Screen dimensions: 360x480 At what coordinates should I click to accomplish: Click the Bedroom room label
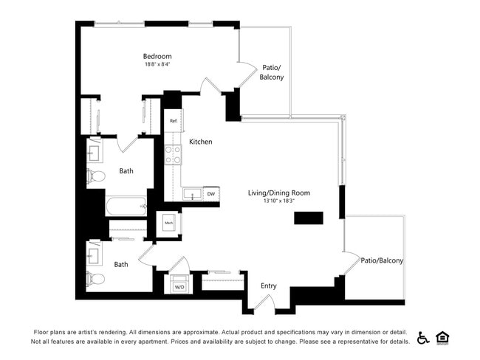[157, 56]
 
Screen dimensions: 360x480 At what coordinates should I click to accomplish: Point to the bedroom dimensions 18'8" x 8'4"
[157, 64]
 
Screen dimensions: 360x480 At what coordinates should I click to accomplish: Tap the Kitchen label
[201, 142]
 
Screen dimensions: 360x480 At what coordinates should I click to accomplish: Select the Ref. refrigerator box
[174, 120]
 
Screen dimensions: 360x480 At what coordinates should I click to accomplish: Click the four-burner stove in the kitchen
[173, 154]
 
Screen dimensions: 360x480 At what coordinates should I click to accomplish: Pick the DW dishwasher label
[210, 194]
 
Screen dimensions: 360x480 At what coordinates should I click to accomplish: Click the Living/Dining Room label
[278, 193]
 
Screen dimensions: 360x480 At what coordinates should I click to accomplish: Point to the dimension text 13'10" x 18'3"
[278, 201]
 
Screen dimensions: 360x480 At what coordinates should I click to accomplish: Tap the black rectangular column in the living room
[309, 218]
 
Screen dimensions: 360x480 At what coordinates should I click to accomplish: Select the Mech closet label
[168, 222]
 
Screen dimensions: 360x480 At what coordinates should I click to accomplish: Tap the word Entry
[269, 285]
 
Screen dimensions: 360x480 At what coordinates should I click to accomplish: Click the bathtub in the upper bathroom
[126, 206]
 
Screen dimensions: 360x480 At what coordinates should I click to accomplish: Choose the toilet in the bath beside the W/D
[95, 279]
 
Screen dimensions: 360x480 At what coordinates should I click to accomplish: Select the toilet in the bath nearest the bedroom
[95, 176]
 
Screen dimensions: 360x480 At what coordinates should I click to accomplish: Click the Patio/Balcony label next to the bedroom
[272, 72]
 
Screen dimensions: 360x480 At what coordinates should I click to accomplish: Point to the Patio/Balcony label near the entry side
[382, 260]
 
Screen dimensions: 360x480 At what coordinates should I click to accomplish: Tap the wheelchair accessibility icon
[423, 337]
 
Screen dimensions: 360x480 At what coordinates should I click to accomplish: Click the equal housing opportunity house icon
[443, 337]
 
